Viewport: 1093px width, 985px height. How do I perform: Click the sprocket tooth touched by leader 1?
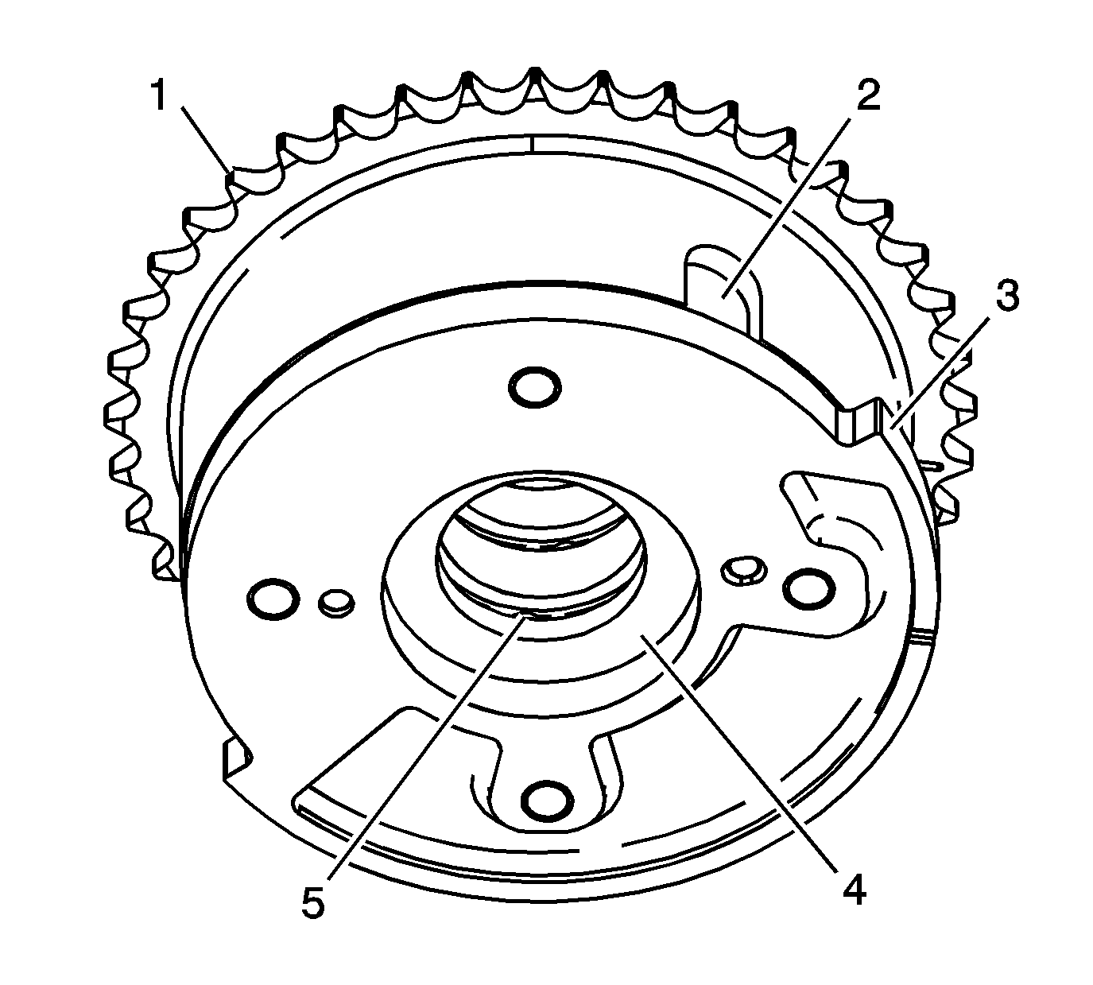[231, 174]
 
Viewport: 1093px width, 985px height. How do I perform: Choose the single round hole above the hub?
[534, 387]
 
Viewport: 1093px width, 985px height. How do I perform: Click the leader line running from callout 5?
[421, 755]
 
